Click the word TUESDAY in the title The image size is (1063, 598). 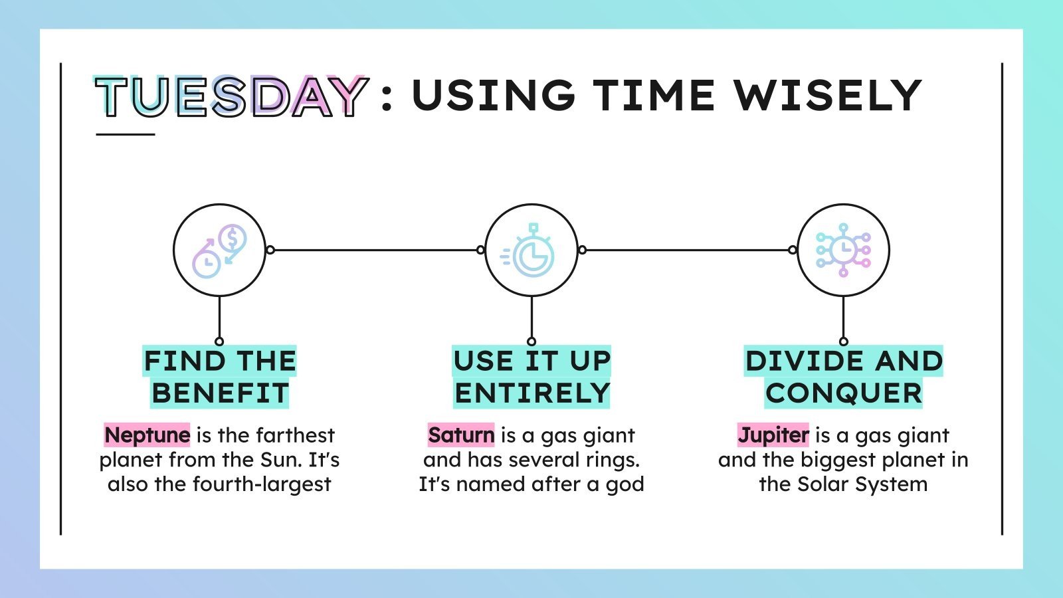(231, 97)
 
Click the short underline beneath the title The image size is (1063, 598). (125, 134)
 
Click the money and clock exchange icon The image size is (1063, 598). (219, 250)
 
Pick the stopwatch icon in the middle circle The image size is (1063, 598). (531, 250)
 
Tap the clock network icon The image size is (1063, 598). (843, 250)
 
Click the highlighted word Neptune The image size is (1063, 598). (147, 435)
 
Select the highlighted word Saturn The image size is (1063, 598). (461, 435)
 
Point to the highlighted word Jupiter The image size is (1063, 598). (773, 435)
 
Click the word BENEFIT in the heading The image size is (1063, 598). (220, 393)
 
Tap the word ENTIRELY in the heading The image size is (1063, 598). (531, 393)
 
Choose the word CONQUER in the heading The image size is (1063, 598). (844, 393)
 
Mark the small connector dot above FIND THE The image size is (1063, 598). (219, 342)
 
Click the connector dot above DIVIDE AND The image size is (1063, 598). (843, 342)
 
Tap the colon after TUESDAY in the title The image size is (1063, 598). (387, 96)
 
